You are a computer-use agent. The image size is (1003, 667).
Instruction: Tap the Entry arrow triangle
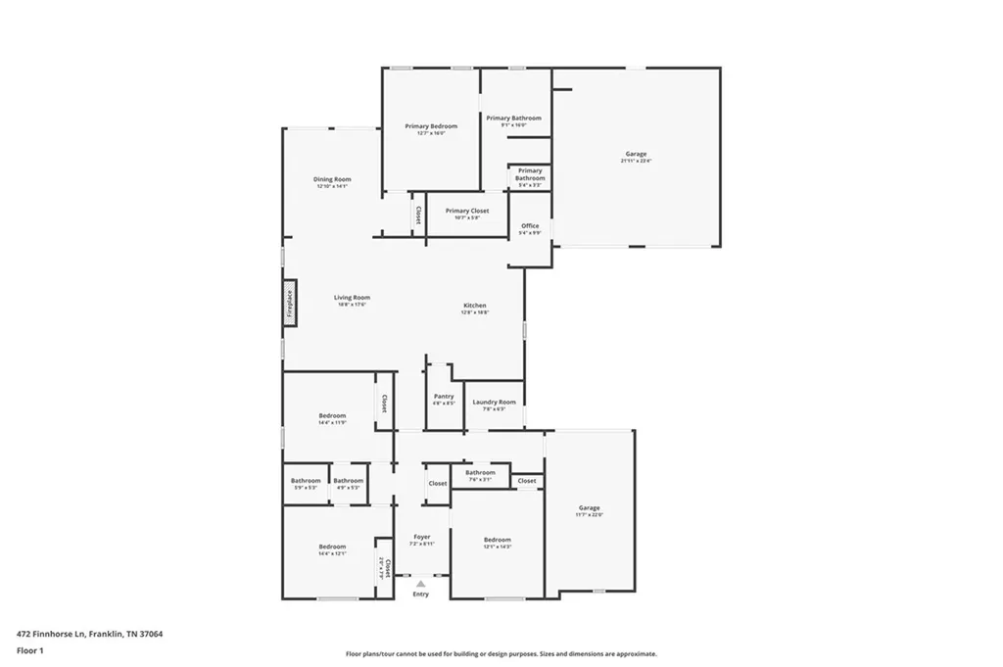[421, 584]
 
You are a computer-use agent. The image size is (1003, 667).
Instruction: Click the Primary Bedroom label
[431, 126]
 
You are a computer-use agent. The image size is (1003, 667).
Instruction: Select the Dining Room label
[332, 179]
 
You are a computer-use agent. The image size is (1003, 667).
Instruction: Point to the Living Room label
[352, 298]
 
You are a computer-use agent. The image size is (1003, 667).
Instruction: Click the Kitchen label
[475, 306]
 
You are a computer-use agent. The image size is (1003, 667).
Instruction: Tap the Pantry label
[444, 396]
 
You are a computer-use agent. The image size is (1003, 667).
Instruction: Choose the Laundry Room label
[494, 402]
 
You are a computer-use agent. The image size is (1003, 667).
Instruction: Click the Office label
[530, 226]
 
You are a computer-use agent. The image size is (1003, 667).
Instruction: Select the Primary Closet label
[466, 211]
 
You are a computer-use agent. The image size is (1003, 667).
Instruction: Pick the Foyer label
[421, 537]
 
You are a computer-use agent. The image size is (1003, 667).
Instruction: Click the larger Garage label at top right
[636, 154]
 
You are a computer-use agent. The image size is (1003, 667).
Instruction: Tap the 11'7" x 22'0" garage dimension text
[590, 515]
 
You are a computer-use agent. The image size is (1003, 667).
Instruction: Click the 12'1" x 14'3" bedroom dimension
[498, 547]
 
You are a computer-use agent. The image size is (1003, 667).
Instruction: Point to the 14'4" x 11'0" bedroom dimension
[332, 423]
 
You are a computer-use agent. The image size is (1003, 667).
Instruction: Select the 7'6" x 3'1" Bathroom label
[480, 473]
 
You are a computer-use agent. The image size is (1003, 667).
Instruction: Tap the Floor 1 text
[29, 649]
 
